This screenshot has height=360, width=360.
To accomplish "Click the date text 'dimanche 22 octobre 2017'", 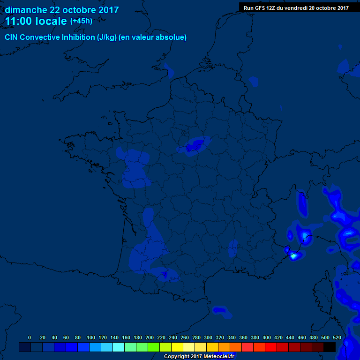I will [62, 10].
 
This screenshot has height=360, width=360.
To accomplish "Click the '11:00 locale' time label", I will [36, 21].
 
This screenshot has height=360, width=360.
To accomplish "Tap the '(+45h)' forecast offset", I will [81, 21].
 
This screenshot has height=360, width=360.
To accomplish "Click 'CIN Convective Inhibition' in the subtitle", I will [50, 37].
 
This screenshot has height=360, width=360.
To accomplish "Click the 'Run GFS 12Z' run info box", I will [296, 7].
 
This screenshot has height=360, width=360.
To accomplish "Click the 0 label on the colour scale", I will [30, 338].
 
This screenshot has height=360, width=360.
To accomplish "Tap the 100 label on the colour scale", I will [91, 338].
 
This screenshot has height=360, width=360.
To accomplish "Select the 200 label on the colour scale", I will [150, 338].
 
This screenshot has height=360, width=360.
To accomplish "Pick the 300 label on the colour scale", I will [208, 338].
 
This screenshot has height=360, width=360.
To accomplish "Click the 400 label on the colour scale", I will [267, 338].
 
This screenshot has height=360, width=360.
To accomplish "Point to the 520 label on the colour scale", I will [337, 338].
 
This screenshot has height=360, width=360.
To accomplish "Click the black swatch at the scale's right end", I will [330, 347].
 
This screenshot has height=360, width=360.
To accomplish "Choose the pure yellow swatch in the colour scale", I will [177, 347].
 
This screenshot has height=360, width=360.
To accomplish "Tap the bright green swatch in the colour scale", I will [154, 347].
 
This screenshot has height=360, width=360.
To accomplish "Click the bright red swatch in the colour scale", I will [271, 347].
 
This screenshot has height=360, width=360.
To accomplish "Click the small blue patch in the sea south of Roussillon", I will [220, 310].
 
